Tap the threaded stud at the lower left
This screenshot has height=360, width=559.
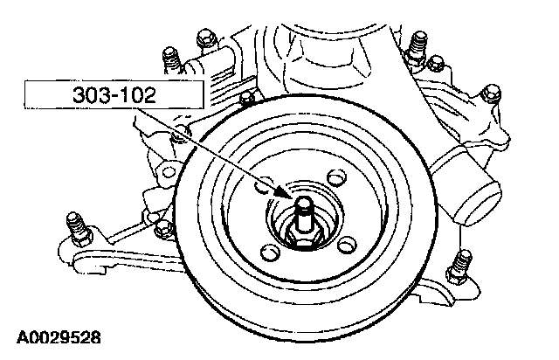[79, 230]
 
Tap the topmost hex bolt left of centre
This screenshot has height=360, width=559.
[206, 38]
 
